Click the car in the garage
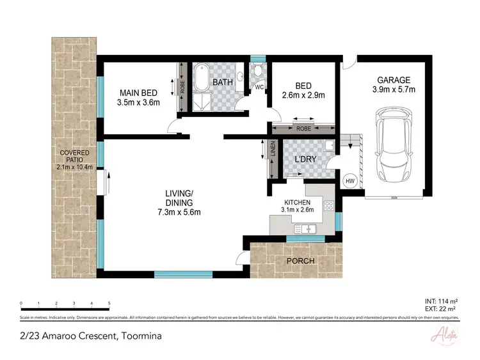tap(392, 145)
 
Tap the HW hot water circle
tap(350, 182)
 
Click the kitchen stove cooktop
tap(329, 206)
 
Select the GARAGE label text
tap(393, 80)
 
